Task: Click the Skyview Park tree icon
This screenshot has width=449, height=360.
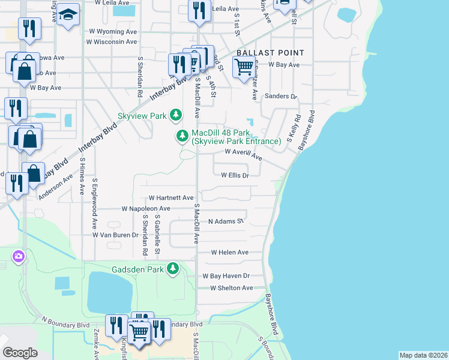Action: (175, 114)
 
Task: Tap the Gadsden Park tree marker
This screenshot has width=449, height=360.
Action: (173, 268)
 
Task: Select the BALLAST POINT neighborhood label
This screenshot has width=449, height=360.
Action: (270, 53)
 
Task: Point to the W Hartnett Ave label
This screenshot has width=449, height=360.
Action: (171, 197)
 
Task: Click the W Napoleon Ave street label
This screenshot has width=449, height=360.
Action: (145, 209)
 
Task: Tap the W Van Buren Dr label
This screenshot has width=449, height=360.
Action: (115, 235)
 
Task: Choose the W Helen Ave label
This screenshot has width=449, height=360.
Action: (229, 253)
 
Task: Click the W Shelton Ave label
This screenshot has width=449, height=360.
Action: (231, 288)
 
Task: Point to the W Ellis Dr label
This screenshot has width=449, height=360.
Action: (235, 176)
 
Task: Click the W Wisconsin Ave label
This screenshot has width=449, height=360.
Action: (112, 41)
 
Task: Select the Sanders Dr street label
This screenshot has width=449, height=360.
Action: (281, 96)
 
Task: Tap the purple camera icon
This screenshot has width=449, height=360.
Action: (18, 256)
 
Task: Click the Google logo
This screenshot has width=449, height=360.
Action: (20, 352)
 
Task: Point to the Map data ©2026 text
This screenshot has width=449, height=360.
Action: (423, 355)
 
